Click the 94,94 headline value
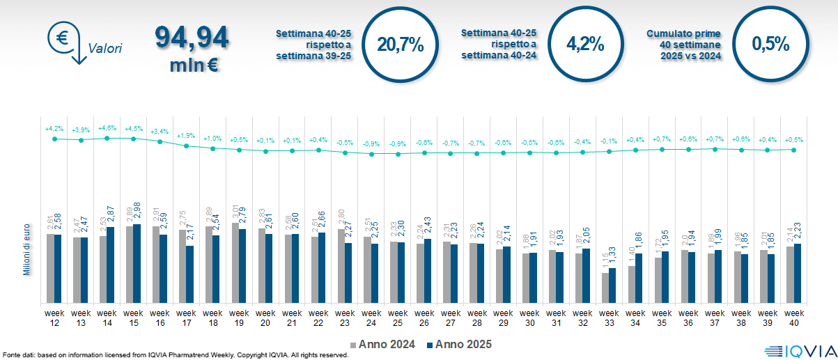point(192,38)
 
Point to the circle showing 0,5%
point(770,44)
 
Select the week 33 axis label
point(609,318)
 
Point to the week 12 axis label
point(54,318)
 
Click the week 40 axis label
point(794,318)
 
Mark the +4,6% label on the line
point(107,128)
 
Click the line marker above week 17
point(187,146)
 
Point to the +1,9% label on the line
point(187,136)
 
